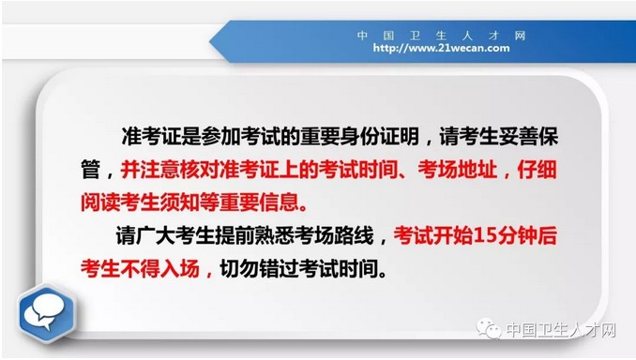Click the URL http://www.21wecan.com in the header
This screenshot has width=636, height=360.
[441, 47]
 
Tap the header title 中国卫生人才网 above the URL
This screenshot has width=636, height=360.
[441, 35]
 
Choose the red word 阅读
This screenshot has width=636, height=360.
[101, 202]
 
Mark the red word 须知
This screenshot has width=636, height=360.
[191, 202]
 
